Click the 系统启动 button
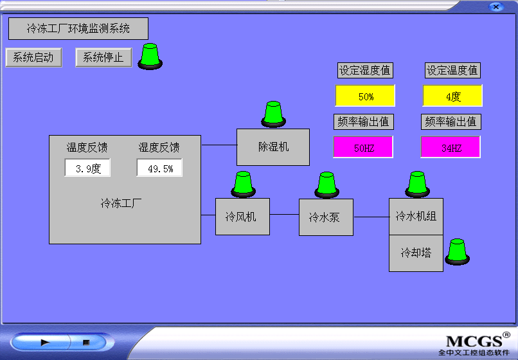[33, 57]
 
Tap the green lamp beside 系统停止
[150, 56]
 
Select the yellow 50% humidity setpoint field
[365, 96]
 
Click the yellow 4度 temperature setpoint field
[452, 96]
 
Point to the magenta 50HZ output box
[363, 147]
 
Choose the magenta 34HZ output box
[451, 147]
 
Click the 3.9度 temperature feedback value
[87, 168]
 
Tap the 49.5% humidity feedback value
[159, 168]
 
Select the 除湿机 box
[273, 147]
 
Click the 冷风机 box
[242, 217]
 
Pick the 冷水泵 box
[326, 217]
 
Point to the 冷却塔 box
[416, 253]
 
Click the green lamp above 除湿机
[274, 114]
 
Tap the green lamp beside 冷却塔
[457, 252]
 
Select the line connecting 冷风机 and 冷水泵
[285, 215]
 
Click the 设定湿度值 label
[365, 71]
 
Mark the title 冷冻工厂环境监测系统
[78, 29]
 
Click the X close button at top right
[496, 6]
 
